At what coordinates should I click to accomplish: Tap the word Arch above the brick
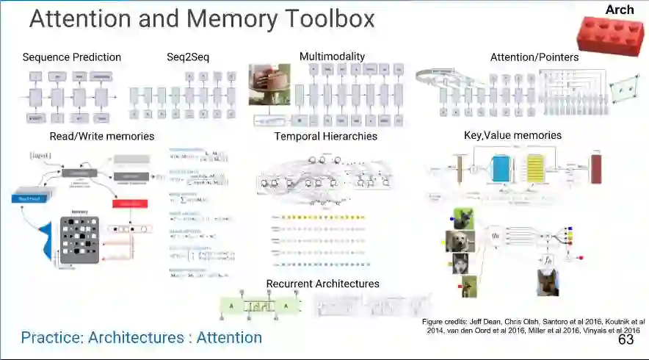[x=620, y=10]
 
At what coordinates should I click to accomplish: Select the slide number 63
[x=626, y=339]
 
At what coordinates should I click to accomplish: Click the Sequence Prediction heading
[x=72, y=57]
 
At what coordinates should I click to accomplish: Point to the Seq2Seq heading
[x=189, y=57]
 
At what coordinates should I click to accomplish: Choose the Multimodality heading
[x=332, y=57]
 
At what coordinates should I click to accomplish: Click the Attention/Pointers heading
[x=534, y=57]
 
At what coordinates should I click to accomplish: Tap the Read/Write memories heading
[x=102, y=136]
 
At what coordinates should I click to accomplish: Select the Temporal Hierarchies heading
[x=326, y=136]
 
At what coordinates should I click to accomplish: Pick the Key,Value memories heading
[x=512, y=135]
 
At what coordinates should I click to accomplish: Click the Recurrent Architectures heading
[x=322, y=284]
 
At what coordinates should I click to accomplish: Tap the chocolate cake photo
[x=269, y=84]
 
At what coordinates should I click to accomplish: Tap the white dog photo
[x=460, y=241]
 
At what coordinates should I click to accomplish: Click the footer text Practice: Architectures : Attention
[x=142, y=338]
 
